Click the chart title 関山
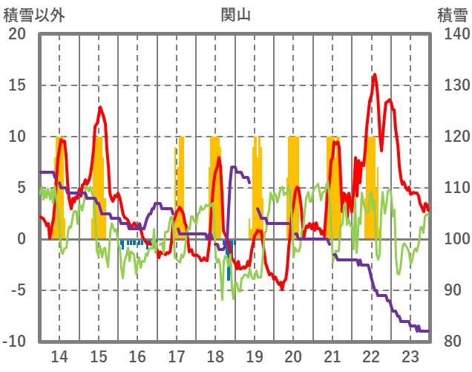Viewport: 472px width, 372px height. [x=235, y=14]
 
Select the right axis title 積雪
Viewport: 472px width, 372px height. [x=451, y=14]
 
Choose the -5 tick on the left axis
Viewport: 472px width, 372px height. [x=18, y=290]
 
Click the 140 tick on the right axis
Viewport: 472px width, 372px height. [x=452, y=34]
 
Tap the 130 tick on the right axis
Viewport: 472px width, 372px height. [x=452, y=85]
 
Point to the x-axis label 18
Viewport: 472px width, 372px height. [x=215, y=356]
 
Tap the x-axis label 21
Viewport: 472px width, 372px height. [x=332, y=356]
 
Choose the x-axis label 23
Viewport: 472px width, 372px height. [x=410, y=356]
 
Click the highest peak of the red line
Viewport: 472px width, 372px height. [x=375, y=74]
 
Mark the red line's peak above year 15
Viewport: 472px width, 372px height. [x=99, y=108]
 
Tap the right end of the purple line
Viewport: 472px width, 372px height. [x=429, y=331]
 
